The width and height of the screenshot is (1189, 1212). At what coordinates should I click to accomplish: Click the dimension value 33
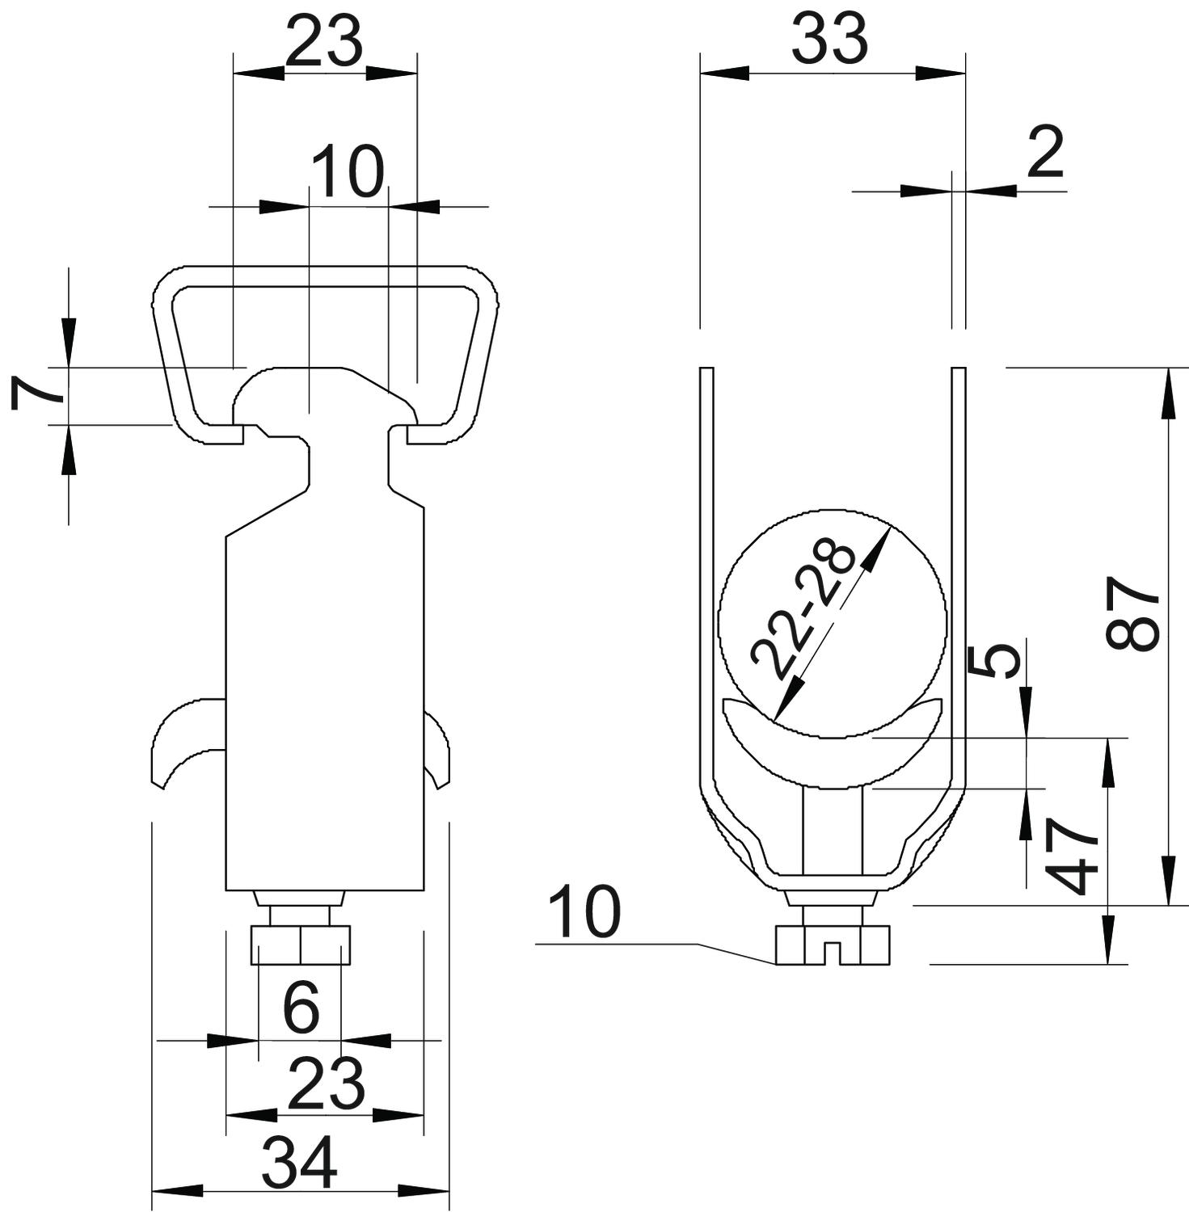[x=829, y=40]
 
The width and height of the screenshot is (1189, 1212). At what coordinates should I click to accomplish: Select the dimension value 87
[x=1133, y=612]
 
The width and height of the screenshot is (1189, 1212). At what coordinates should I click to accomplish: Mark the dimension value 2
[x=1045, y=153]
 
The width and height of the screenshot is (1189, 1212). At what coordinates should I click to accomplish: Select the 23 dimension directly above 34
[x=327, y=1084]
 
